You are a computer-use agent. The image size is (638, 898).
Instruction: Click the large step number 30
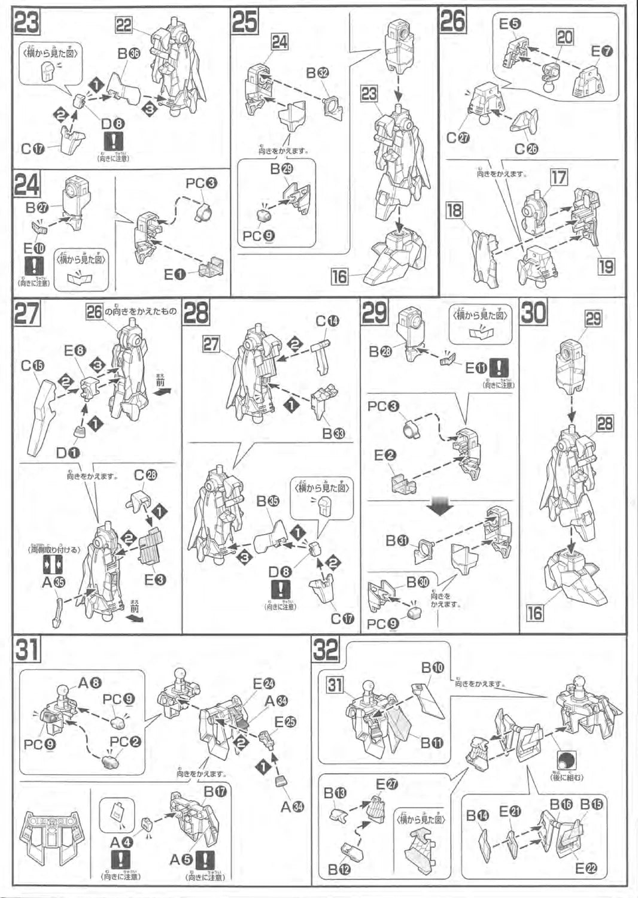pyautogui.click(x=534, y=313)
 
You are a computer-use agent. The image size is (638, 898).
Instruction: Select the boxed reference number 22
pyautogui.click(x=124, y=25)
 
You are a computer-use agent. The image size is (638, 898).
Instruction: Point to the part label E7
pyautogui.click(x=602, y=51)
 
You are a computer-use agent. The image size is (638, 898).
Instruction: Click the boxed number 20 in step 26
pyautogui.click(x=564, y=37)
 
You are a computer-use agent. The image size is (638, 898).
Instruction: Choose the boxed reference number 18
pyautogui.click(x=454, y=211)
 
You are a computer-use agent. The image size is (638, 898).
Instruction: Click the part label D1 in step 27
pyautogui.click(x=68, y=453)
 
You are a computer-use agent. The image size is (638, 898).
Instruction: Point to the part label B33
pyautogui.click(x=334, y=433)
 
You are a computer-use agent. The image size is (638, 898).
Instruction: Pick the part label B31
pyautogui.click(x=396, y=541)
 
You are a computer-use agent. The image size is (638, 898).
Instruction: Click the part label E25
pyautogui.click(x=285, y=722)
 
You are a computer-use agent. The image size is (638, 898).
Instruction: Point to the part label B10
pyautogui.click(x=433, y=668)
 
